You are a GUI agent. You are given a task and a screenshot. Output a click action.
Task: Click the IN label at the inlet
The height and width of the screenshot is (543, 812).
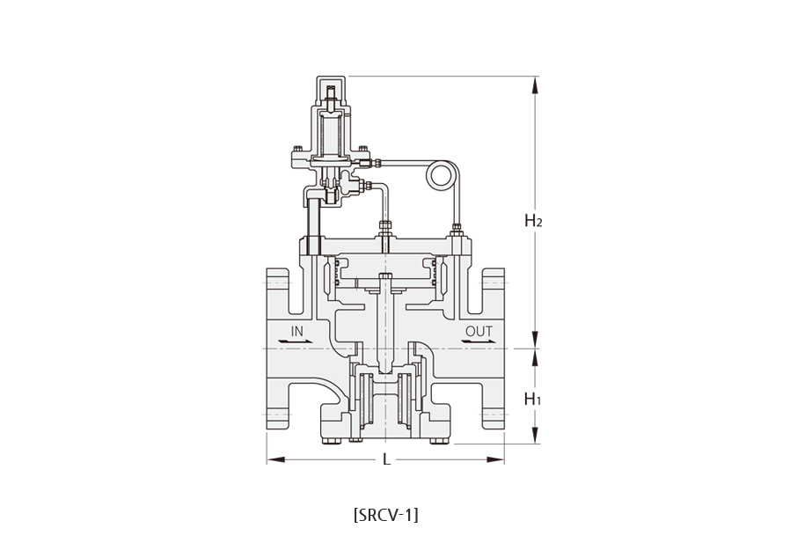(x=296, y=331)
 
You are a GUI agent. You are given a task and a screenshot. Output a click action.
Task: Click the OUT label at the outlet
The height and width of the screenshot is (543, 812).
(x=479, y=331)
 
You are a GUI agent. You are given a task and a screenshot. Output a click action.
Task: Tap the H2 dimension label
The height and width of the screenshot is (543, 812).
(x=533, y=220)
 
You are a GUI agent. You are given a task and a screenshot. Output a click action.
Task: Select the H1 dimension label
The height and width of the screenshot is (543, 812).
(x=533, y=399)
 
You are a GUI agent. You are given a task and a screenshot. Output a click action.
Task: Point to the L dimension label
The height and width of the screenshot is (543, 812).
(x=386, y=459)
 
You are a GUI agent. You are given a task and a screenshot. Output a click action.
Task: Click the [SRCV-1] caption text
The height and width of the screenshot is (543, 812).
(x=386, y=515)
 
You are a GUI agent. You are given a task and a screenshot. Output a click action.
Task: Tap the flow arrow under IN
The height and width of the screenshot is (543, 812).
(x=296, y=341)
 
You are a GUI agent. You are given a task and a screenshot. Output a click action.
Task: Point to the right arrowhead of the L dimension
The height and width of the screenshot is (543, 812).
(x=495, y=459)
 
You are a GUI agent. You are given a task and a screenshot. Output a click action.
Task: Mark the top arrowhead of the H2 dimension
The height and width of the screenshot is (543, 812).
(x=536, y=85)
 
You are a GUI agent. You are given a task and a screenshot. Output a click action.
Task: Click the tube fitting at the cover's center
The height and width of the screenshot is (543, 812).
(x=386, y=229)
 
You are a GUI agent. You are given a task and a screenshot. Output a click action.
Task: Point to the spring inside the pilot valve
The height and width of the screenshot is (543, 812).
(x=331, y=135)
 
